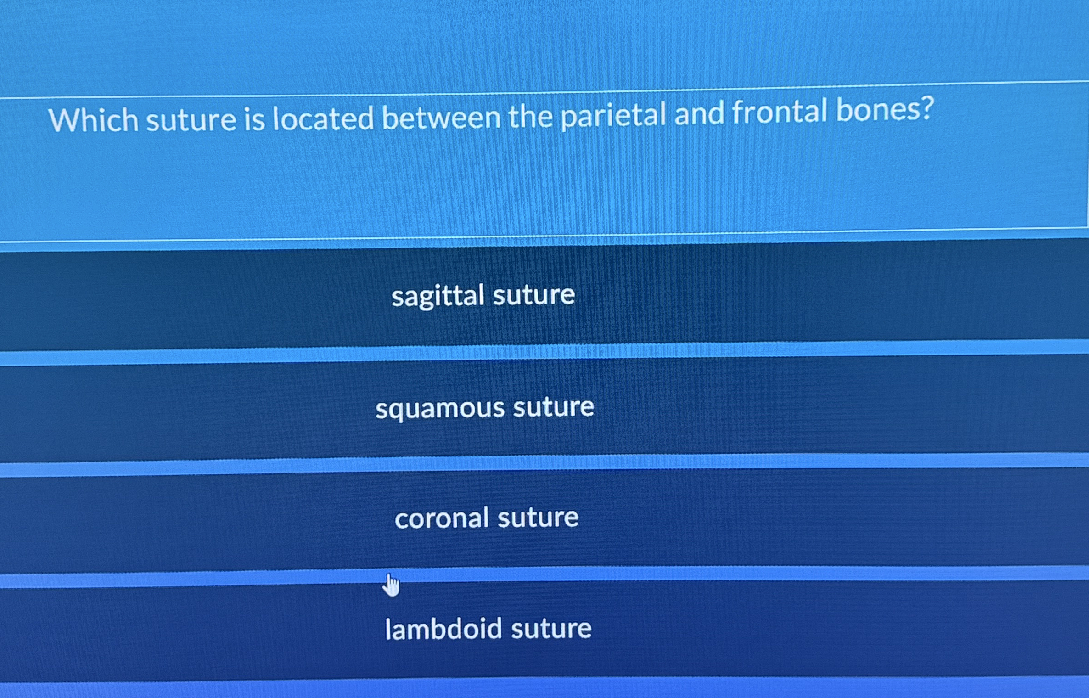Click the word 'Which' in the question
pyautogui.click(x=93, y=119)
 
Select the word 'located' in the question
pyautogui.click(x=323, y=118)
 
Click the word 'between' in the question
pyautogui.click(x=441, y=117)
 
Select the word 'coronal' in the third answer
pyautogui.click(x=442, y=518)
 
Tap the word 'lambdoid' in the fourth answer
pyautogui.click(x=443, y=628)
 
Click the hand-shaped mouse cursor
pyautogui.click(x=391, y=585)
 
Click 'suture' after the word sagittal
pyautogui.click(x=533, y=294)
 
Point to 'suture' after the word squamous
pyautogui.click(x=554, y=406)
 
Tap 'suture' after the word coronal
pyautogui.click(x=538, y=517)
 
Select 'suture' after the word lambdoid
pyautogui.click(x=551, y=628)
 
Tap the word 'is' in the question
pyautogui.click(x=254, y=119)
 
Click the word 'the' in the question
pyautogui.click(x=530, y=116)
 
